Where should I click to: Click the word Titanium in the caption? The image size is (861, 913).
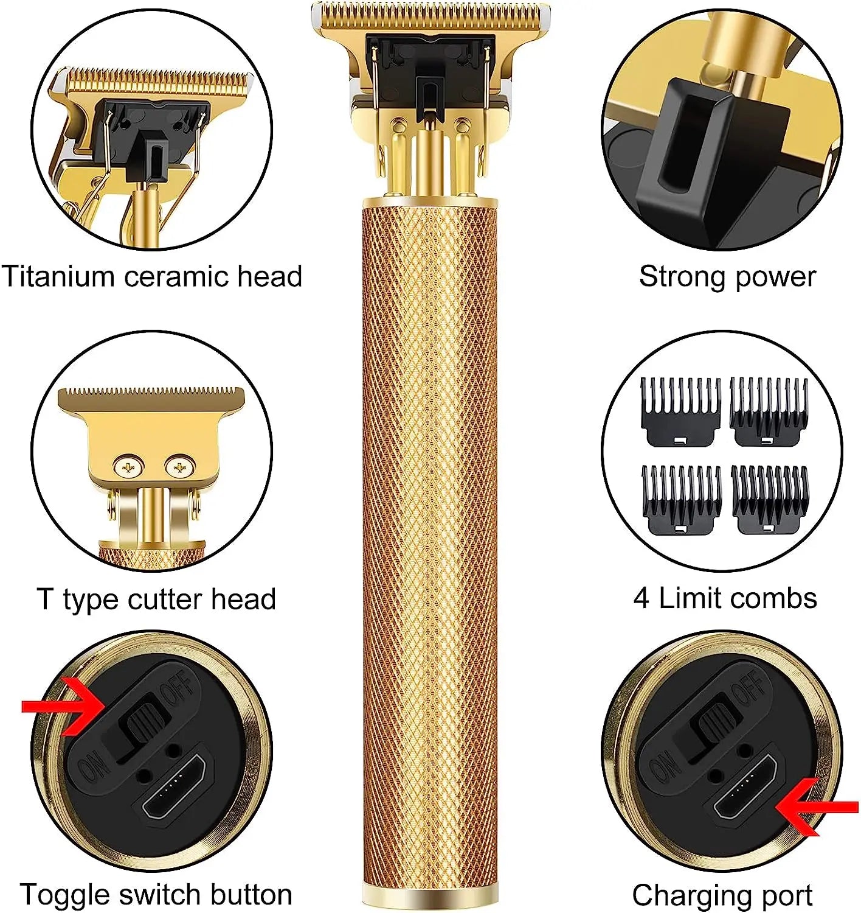[x=59, y=276]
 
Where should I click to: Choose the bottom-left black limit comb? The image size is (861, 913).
[x=681, y=499]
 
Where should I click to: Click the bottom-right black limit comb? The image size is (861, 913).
[x=770, y=499]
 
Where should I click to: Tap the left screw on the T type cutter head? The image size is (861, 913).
[x=128, y=467]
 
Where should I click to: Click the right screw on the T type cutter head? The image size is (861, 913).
[x=179, y=467]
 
